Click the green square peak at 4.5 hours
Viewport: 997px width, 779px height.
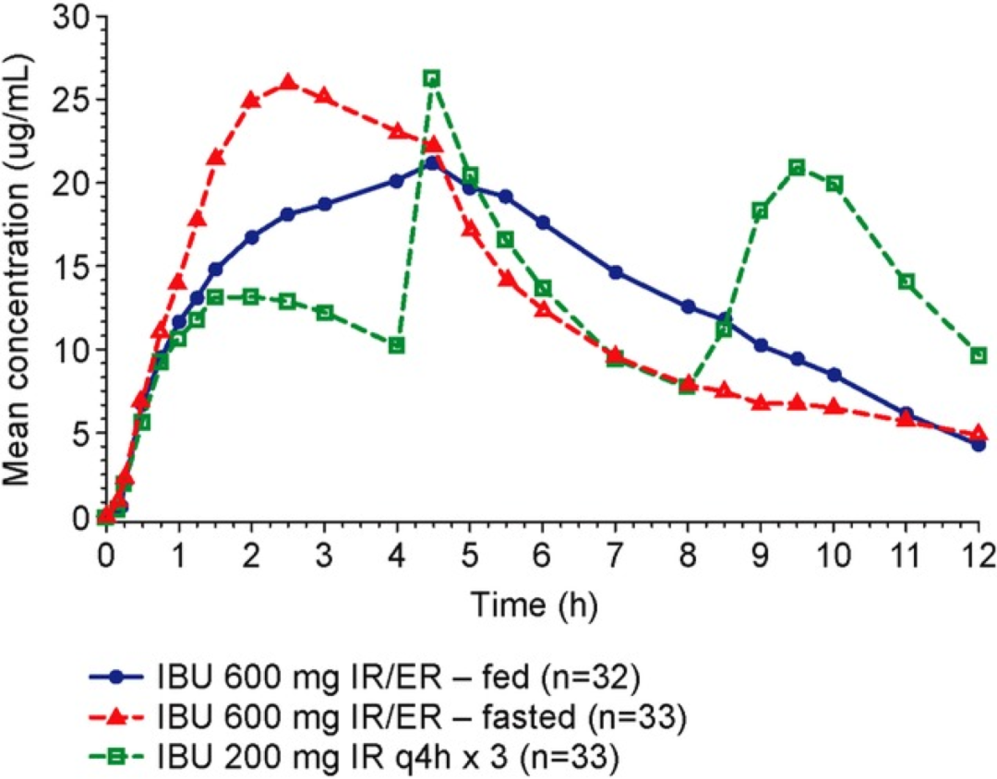click(x=432, y=78)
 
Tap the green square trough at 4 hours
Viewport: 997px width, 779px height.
click(x=397, y=345)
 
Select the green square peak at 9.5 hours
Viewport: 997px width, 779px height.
click(x=797, y=167)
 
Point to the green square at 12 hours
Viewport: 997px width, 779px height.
click(x=979, y=355)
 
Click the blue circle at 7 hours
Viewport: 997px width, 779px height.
click(x=616, y=272)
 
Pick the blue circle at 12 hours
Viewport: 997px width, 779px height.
click(x=979, y=445)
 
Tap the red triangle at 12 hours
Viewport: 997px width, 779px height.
click(x=979, y=433)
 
